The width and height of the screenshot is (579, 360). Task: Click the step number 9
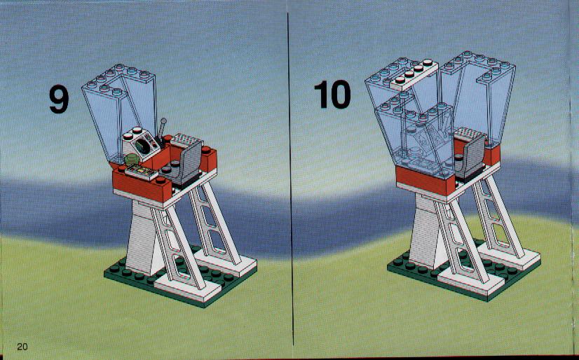point(59,99)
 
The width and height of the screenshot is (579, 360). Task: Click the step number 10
point(332,95)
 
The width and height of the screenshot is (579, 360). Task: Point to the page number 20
point(22,347)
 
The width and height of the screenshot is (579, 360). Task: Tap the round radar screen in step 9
point(142,147)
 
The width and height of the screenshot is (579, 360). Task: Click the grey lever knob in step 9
point(163,120)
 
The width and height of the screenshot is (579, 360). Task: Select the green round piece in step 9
point(132,160)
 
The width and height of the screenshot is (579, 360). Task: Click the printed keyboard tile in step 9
point(142,172)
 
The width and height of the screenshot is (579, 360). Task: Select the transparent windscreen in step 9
point(118,113)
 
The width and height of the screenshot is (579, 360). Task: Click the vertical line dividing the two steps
point(290,179)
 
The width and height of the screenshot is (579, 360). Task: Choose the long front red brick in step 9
point(142,187)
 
